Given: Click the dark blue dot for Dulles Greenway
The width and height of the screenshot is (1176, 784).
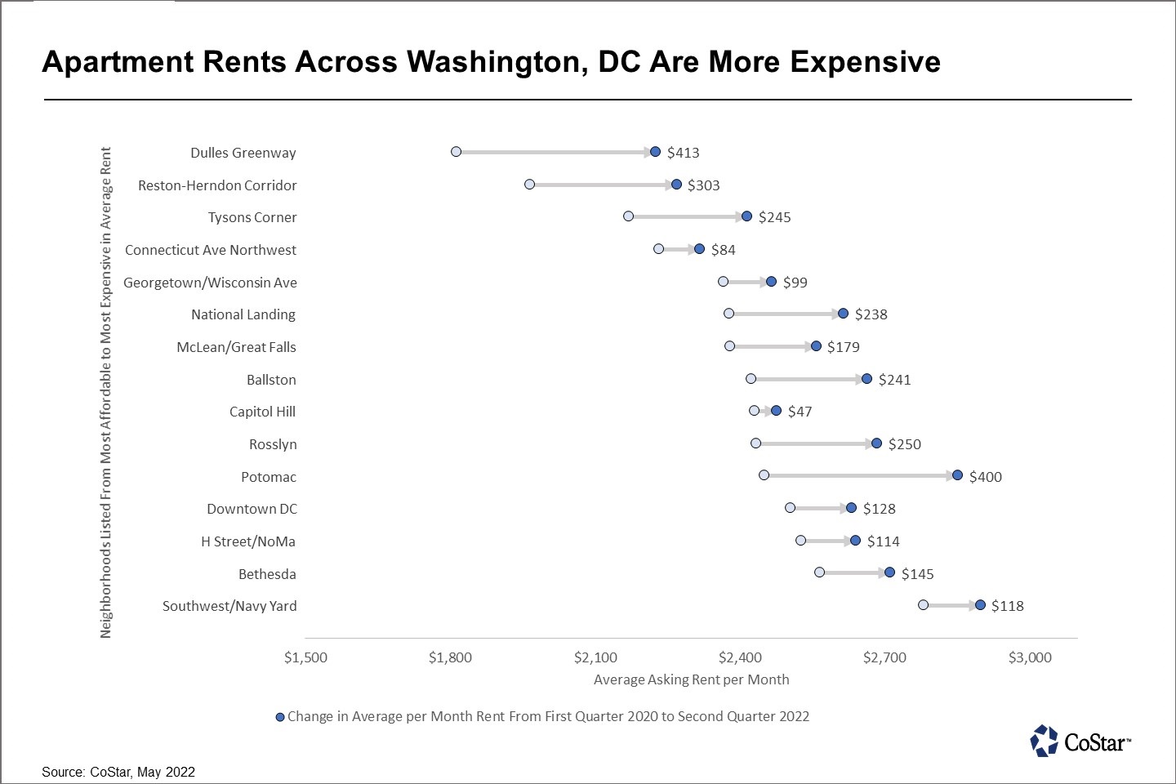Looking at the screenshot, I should point(655,152).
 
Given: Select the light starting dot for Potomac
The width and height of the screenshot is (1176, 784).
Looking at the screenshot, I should point(764,475).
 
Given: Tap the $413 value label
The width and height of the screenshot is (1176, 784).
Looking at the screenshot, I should point(683,153).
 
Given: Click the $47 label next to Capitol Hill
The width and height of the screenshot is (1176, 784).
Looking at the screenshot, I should point(800,412).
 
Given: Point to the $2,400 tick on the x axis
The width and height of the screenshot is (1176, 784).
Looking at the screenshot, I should point(740,657).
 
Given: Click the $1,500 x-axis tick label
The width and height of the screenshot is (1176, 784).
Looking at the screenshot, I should point(305,657).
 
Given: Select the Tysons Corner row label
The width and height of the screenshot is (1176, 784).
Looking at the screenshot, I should point(252,217).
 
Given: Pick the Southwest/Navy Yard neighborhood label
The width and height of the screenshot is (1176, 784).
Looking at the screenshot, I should point(229,606).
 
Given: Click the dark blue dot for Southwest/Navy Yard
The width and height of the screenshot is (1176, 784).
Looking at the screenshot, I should point(980,605).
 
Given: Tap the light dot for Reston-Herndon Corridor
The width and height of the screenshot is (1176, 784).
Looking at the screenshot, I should point(529,185).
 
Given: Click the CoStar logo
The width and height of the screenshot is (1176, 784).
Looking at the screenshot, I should point(1080,742).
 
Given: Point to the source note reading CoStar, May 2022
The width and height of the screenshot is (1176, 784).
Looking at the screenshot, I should point(118,772).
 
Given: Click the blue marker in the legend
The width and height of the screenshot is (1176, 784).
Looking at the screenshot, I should point(280,717).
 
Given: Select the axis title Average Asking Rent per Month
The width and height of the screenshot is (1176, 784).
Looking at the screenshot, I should point(691,679).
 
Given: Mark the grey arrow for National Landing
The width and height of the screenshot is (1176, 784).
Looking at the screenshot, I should point(786,314).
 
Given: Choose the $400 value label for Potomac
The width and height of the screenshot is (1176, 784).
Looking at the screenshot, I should point(985,477).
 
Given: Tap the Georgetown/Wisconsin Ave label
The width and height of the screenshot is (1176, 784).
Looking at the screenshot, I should point(210,283).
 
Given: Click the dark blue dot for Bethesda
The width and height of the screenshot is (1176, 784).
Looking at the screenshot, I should point(889,572).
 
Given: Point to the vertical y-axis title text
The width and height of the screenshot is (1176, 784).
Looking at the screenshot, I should point(106,392).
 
